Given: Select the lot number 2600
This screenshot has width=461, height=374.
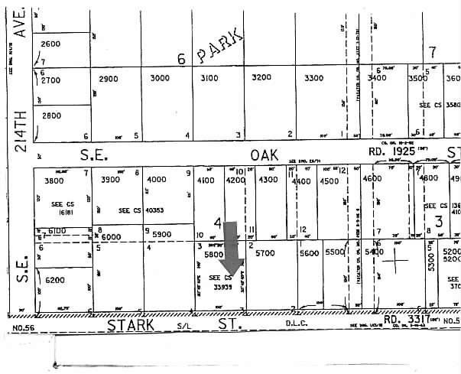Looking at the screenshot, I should point(50,44).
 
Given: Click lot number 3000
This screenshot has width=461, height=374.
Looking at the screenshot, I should point(160,78).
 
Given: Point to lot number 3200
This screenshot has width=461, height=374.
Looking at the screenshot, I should point(261,78).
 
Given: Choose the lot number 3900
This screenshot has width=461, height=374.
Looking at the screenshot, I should point(112,180).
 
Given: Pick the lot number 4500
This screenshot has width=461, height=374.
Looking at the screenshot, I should point(330,180).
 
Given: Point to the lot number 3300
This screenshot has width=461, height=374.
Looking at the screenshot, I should point(313,78).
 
